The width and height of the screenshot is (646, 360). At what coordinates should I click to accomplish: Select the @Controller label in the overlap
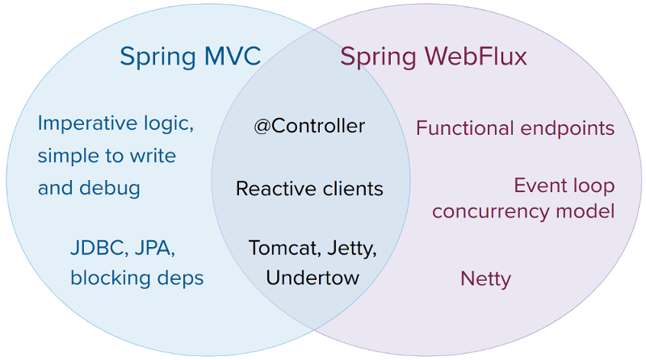coord(309,127)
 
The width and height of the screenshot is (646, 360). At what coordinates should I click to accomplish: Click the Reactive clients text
coord(309,189)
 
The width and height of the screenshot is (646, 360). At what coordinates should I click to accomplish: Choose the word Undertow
coord(313,278)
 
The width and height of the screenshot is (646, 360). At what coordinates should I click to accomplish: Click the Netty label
coord(485,279)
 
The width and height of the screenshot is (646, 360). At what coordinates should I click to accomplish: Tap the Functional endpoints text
coord(515,128)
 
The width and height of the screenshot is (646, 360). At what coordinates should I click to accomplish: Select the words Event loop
coord(564,186)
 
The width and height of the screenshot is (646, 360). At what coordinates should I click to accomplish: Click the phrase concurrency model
coord(523,211)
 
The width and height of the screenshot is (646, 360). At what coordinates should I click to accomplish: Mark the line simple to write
coord(107,156)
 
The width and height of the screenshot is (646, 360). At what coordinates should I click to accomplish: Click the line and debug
coord(89,188)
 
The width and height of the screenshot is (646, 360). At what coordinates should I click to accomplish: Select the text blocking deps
coord(136,278)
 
